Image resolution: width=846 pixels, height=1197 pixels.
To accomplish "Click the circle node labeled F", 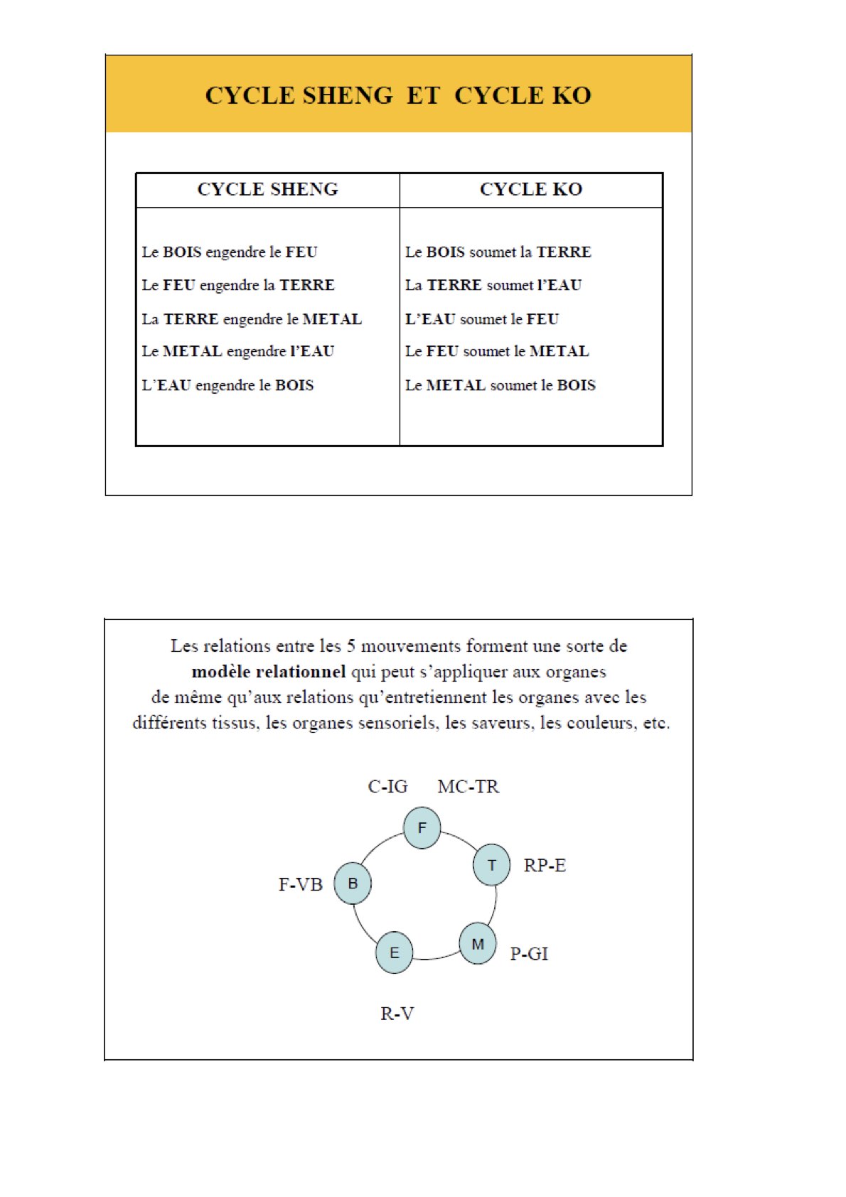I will (x=422, y=828).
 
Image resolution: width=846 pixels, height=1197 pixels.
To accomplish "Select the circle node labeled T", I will (x=491, y=865).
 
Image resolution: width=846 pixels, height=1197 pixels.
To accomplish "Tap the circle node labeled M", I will (x=478, y=944).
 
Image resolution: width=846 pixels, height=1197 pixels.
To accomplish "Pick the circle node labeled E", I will (x=395, y=953).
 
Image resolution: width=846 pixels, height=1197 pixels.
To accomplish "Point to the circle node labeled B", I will (x=353, y=884).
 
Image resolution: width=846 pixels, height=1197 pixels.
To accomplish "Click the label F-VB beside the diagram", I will (x=300, y=885).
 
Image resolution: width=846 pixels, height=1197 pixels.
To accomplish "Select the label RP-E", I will (x=545, y=866).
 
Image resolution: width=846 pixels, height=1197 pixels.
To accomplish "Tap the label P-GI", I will (x=529, y=954).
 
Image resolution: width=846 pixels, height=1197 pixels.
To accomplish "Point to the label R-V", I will (x=397, y=1014).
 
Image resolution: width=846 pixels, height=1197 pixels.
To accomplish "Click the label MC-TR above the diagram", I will (x=468, y=787).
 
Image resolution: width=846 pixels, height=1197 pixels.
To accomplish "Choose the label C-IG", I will (x=387, y=787).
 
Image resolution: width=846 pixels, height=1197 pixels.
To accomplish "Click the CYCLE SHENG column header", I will (x=267, y=190).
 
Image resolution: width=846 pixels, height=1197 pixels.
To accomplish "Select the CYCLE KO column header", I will (x=531, y=190).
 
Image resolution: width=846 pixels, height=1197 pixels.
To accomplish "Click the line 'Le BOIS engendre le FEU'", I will (x=230, y=252).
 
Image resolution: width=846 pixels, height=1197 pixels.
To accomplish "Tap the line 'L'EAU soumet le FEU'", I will (x=482, y=319).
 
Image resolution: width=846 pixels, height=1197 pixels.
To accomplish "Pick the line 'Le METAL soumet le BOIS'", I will (x=500, y=385).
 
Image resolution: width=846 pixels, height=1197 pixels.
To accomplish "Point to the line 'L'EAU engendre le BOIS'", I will (x=227, y=385).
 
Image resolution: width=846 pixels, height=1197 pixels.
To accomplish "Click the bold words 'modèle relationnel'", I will (x=269, y=672).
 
